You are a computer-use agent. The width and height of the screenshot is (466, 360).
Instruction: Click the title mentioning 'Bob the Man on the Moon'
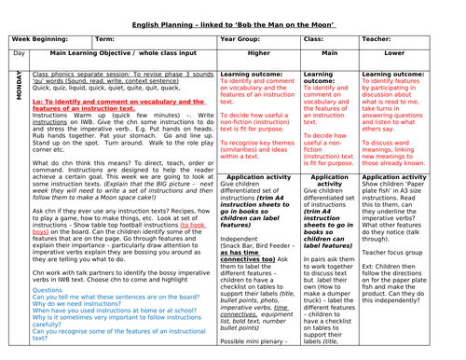click(233, 10)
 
